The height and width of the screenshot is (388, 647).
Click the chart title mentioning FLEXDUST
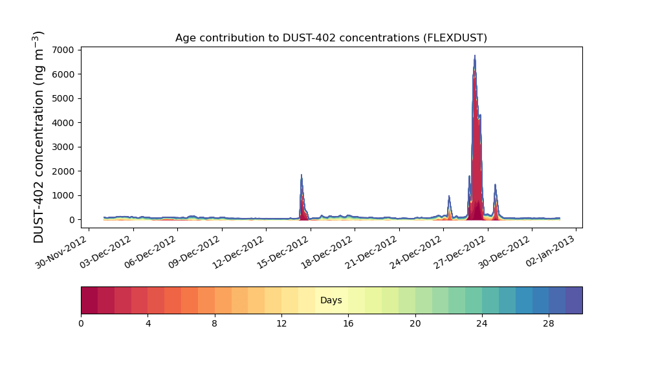[331, 38]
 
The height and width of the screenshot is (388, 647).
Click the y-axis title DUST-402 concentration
[39, 137]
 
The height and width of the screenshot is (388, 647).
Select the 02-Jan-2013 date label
[551, 249]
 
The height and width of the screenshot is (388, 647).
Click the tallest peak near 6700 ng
[475, 57]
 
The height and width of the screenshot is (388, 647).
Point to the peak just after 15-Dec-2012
[302, 176]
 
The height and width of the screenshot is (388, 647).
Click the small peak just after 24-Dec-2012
[449, 197]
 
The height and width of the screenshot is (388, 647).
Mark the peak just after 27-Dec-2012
[496, 186]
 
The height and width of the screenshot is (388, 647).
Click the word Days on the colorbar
[331, 301]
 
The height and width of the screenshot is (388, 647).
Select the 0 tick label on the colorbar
[81, 323]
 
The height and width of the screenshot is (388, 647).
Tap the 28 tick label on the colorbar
[549, 323]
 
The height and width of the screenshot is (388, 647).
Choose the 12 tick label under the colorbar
[281, 323]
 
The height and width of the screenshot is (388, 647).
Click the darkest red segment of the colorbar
[89, 300]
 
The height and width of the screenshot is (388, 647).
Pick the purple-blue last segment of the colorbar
[574, 300]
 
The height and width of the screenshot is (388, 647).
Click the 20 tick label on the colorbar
[415, 323]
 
